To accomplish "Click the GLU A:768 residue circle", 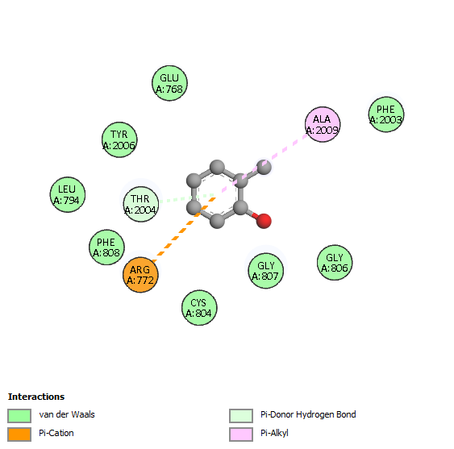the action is [169, 83].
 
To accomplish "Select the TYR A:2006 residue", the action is [119, 139].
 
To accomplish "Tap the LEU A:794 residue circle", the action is [68, 194].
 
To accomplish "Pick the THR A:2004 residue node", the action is [141, 204].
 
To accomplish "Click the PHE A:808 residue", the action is [106, 247].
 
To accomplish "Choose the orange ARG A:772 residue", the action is [140, 275].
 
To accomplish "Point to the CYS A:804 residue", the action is [199, 308].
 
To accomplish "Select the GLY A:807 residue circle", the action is [266, 271].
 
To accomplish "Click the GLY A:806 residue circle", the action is [335, 263].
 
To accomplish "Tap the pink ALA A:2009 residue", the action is [323, 124].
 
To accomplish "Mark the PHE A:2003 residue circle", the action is [386, 114].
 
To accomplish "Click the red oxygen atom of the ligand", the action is [264, 221].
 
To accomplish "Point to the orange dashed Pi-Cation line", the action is [184, 230].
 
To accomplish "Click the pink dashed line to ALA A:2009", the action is [264, 163].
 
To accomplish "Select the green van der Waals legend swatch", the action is [19, 416].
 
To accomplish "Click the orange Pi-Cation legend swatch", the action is [19, 434].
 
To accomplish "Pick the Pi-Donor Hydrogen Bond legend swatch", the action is [241, 416].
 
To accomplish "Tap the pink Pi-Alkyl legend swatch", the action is [241, 434].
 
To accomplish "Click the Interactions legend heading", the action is [36, 397].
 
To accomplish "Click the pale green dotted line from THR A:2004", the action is [187, 198].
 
